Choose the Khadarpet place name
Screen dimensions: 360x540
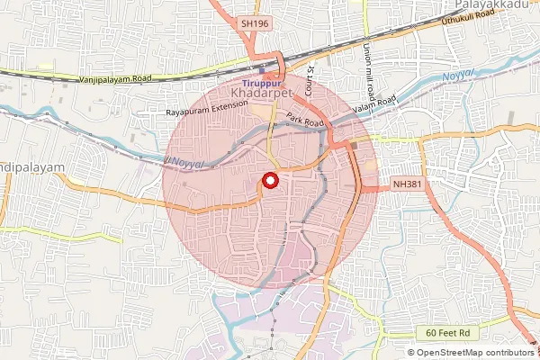pos(260,94)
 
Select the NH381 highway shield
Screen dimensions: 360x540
pos(406,184)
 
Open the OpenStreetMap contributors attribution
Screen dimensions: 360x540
pos(476,353)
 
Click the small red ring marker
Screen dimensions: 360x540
pos(267,180)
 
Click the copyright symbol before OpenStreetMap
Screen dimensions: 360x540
pos(411,353)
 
